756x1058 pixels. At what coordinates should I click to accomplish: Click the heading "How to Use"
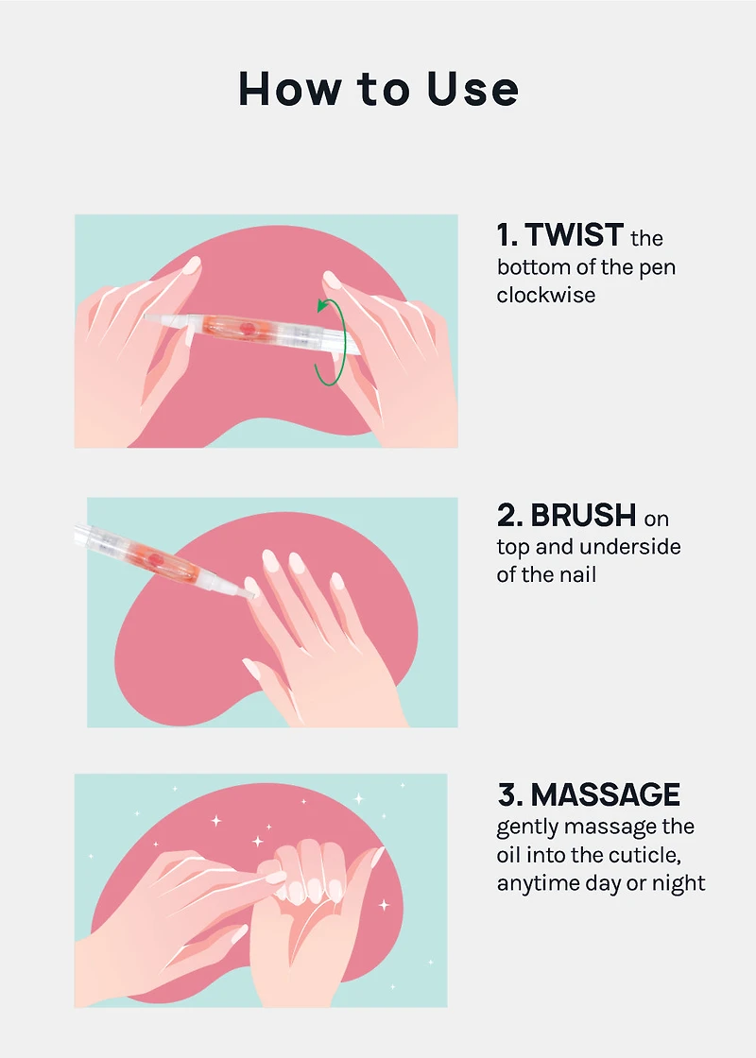(378, 89)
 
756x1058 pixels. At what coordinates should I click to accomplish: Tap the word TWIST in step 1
(574, 235)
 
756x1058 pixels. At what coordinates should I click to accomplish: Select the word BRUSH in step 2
(583, 516)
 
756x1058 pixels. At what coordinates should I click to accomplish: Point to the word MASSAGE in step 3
(606, 794)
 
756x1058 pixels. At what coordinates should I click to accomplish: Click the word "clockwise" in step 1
(546, 295)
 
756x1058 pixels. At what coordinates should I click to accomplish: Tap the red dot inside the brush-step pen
(156, 559)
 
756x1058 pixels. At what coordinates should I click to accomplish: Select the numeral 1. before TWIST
(507, 235)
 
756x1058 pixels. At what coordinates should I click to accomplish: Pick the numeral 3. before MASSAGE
(510, 794)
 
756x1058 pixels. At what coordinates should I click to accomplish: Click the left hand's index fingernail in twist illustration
(192, 265)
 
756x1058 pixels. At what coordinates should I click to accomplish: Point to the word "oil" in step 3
(508, 856)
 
